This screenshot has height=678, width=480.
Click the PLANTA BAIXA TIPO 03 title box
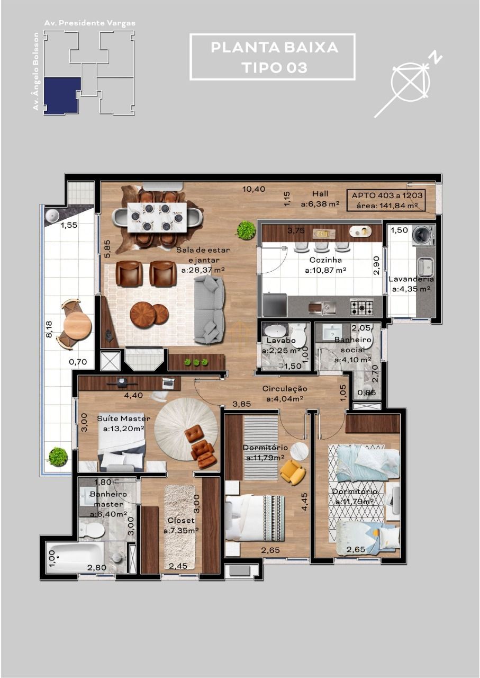(272, 57)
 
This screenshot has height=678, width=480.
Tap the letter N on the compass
(436, 58)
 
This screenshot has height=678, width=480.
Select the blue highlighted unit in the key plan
(62, 95)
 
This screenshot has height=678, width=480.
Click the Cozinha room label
(325, 260)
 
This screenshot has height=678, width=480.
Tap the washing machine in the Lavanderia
(423, 235)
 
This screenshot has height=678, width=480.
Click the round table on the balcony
(77, 325)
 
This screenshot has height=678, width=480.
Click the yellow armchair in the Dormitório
(292, 471)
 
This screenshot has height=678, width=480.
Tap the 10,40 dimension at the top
(253, 189)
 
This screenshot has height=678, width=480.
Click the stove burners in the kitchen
(361, 307)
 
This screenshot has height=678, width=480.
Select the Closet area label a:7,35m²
(181, 531)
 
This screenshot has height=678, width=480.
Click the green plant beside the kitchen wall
(246, 230)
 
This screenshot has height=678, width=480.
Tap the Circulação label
(285, 389)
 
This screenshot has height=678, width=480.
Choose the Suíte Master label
(123, 418)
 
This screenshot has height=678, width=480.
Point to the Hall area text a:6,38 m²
(320, 203)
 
